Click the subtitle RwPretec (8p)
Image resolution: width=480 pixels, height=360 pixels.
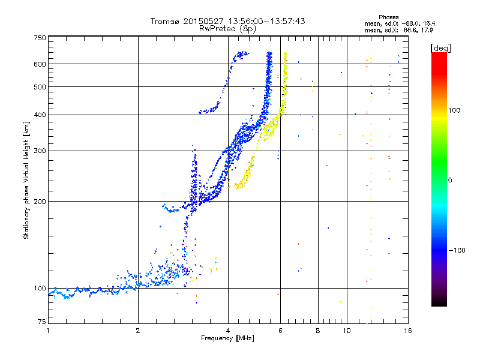[x=227, y=29]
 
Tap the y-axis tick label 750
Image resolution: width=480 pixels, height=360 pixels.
[x=40, y=38]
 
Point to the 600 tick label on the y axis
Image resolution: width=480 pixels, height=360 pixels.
[x=40, y=64]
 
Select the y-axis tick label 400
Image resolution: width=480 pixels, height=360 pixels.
[x=40, y=115]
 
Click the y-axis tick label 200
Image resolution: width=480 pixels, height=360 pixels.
[x=40, y=202]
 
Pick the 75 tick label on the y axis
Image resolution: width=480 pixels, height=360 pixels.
[x=42, y=322]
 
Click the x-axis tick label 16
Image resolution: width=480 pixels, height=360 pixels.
[x=408, y=331]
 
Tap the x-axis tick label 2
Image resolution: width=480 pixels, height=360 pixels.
[x=138, y=331]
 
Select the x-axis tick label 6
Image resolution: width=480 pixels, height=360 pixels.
[x=280, y=331]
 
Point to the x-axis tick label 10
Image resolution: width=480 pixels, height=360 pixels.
[x=347, y=331]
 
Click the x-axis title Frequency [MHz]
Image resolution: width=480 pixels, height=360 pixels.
[x=227, y=338]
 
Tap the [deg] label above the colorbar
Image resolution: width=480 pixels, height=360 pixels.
[x=441, y=48]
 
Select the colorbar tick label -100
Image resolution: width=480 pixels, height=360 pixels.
[x=457, y=250]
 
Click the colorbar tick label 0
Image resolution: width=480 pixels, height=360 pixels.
[x=450, y=181]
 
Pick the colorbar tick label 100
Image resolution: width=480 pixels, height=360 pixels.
[x=454, y=110]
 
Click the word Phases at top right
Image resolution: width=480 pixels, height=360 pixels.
[x=389, y=17]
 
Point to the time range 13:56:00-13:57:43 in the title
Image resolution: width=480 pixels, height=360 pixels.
[x=266, y=21]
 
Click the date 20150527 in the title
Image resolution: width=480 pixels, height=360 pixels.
[x=203, y=21]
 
